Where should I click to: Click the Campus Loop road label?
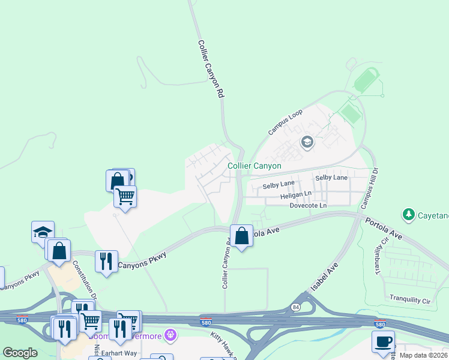[286, 122]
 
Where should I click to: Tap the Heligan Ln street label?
[295, 195]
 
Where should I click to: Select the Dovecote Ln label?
[307, 205]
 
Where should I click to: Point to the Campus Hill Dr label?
[370, 188]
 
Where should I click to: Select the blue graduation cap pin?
[43, 232]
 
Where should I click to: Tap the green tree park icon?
[409, 214]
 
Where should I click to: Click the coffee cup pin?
[383, 343]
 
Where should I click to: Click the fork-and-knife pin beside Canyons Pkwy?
[106, 262]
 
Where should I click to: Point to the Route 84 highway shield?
[295, 307]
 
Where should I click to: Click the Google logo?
[20, 353]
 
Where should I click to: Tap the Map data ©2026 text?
[424, 355]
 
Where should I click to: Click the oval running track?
[366, 81]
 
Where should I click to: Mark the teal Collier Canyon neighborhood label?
[255, 166]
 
